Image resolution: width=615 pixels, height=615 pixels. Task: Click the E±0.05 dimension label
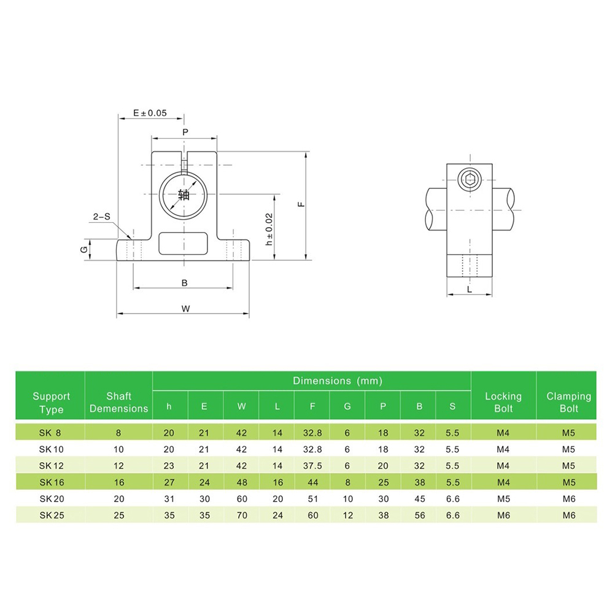[x=150, y=113]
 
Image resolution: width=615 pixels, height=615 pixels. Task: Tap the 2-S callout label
[x=102, y=217]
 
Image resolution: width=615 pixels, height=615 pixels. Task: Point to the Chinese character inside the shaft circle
[x=184, y=195]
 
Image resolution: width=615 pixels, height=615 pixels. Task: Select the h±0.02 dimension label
[x=269, y=230]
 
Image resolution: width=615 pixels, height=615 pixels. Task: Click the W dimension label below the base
[x=185, y=309]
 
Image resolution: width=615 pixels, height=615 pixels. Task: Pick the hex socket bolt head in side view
[x=469, y=180]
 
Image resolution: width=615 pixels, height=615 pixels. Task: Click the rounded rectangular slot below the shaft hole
[x=183, y=243]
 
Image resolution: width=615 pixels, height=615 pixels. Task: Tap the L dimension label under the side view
[x=470, y=290]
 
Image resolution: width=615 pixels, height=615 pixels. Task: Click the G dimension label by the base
[x=84, y=249]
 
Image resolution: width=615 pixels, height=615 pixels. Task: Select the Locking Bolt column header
[x=503, y=402]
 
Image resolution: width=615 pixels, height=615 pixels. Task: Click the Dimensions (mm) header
[x=338, y=381]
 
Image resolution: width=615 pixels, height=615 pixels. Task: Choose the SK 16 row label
[x=52, y=482]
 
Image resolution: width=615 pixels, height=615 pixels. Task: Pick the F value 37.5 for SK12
[x=312, y=466]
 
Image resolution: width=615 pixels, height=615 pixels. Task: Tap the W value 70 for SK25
[x=242, y=515]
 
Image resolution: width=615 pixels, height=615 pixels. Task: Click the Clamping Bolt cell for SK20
[x=569, y=498]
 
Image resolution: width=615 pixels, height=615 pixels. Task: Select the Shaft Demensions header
[x=119, y=402]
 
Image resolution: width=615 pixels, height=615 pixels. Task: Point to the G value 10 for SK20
[x=347, y=498]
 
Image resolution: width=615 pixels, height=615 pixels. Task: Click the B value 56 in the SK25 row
[x=420, y=515]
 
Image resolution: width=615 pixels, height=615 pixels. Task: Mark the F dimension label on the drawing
[x=301, y=204]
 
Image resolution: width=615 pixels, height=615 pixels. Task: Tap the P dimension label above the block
[x=185, y=132]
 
